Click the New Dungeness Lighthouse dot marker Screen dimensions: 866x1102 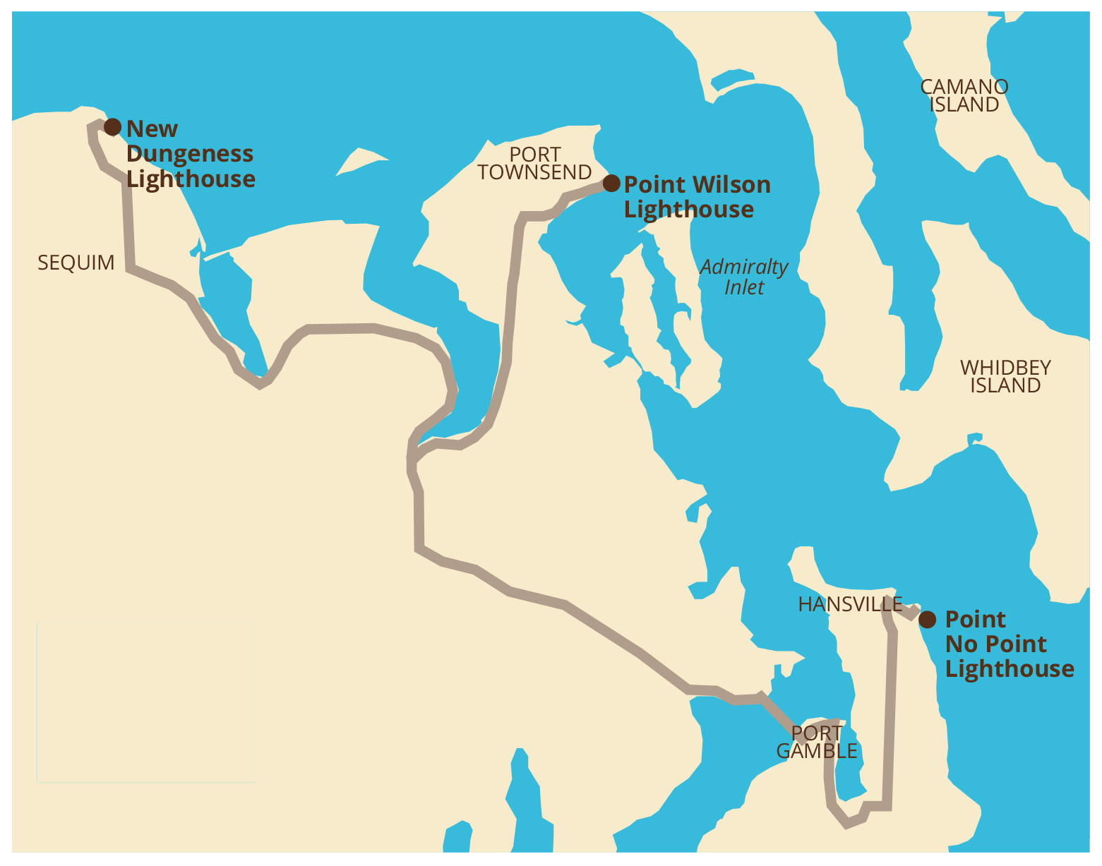(112, 127)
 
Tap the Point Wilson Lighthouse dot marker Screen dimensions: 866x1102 (611, 184)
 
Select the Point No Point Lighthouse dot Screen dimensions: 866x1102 (928, 620)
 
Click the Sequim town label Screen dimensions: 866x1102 (76, 263)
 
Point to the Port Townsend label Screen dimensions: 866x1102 (534, 163)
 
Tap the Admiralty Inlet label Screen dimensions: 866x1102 (744, 277)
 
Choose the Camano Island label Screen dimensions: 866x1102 (964, 95)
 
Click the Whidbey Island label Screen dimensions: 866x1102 (1005, 376)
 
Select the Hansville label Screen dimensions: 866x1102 (850, 604)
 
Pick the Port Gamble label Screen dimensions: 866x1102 (817, 742)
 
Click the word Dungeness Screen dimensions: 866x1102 (190, 154)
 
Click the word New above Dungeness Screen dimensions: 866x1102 (152, 128)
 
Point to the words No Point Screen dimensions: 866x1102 (995, 644)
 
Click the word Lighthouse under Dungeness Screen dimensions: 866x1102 (191, 179)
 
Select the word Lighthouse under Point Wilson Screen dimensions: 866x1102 (689, 210)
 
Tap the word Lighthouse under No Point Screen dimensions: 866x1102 (1010, 668)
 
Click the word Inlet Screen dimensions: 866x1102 (744, 287)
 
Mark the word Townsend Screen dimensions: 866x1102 (534, 172)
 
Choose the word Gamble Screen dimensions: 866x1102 (817, 751)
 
